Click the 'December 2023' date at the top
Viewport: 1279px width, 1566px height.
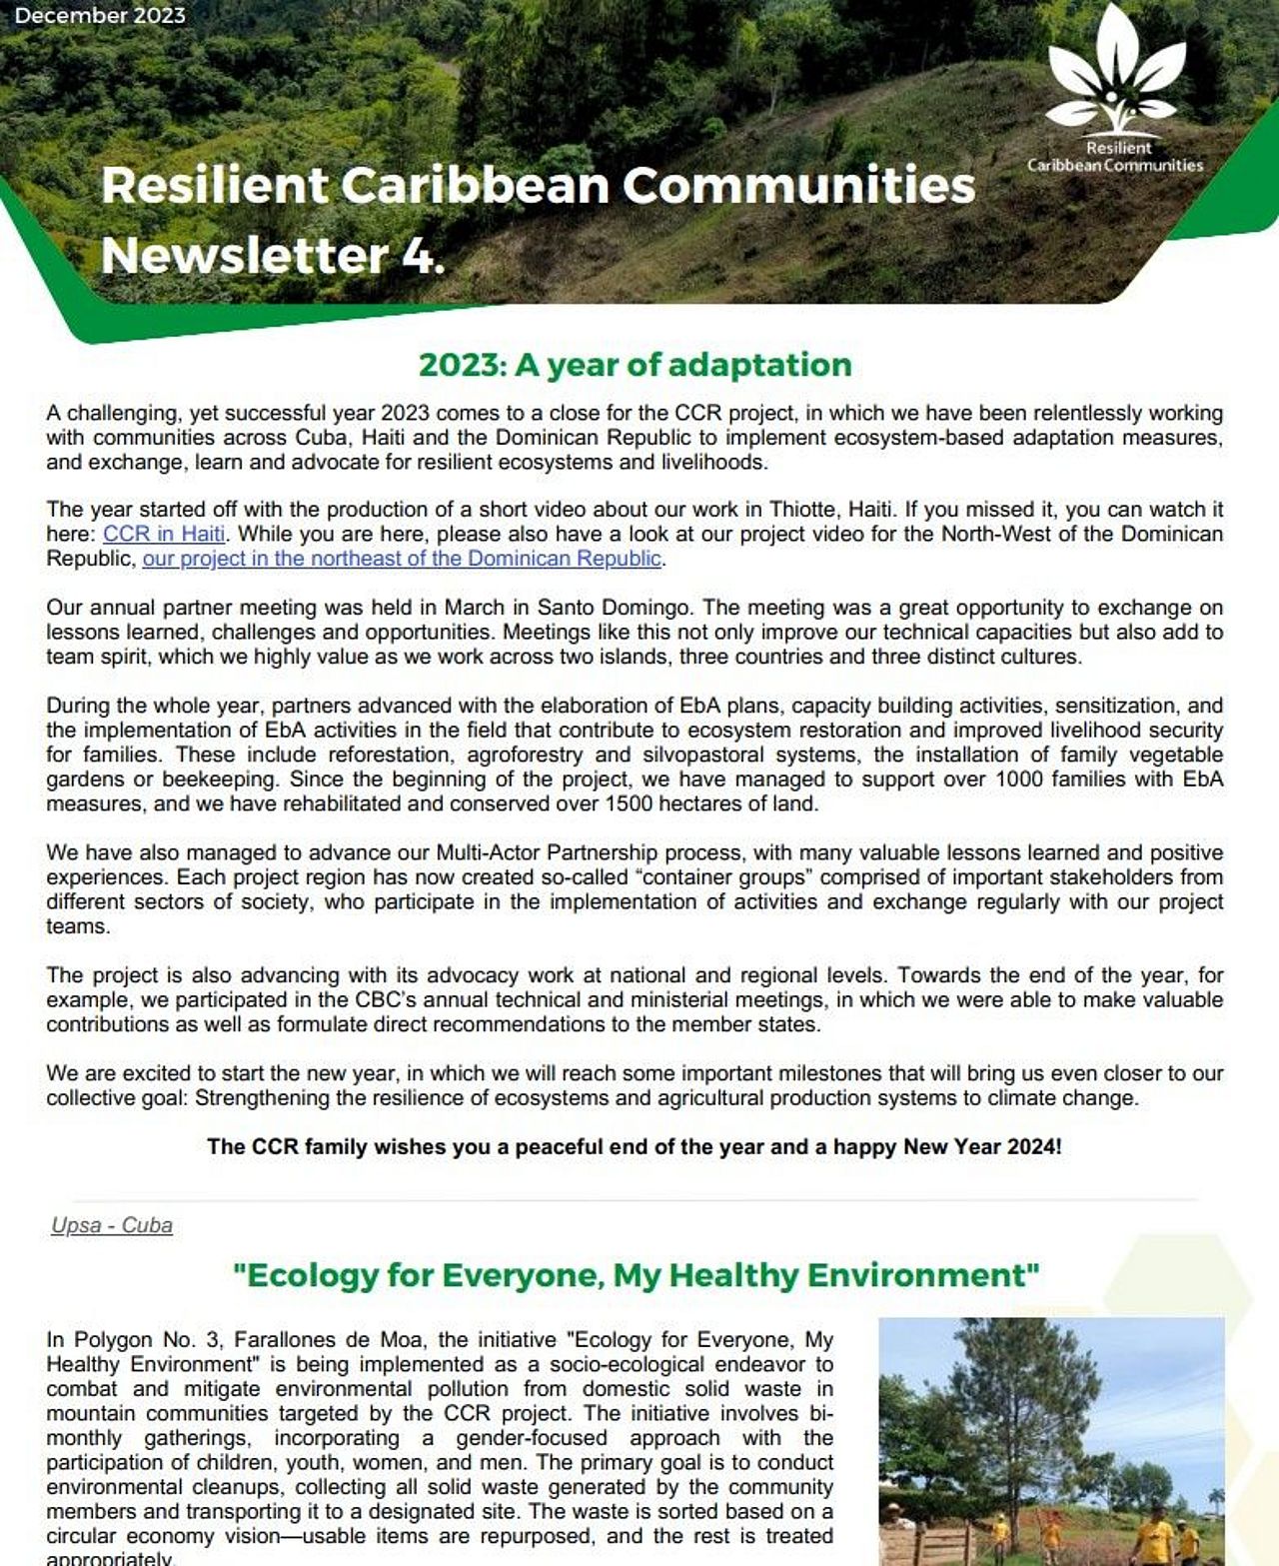coord(100,16)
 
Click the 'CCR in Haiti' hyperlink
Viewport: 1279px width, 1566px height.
coord(164,534)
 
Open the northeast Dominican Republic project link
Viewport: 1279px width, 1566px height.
coord(402,559)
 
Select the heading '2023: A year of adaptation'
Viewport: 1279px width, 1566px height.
coord(636,365)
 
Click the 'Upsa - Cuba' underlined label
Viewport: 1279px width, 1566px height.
coord(112,1225)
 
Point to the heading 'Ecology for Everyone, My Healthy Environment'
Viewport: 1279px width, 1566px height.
coord(636,1275)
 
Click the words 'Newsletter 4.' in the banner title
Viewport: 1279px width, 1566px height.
coord(273,255)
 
